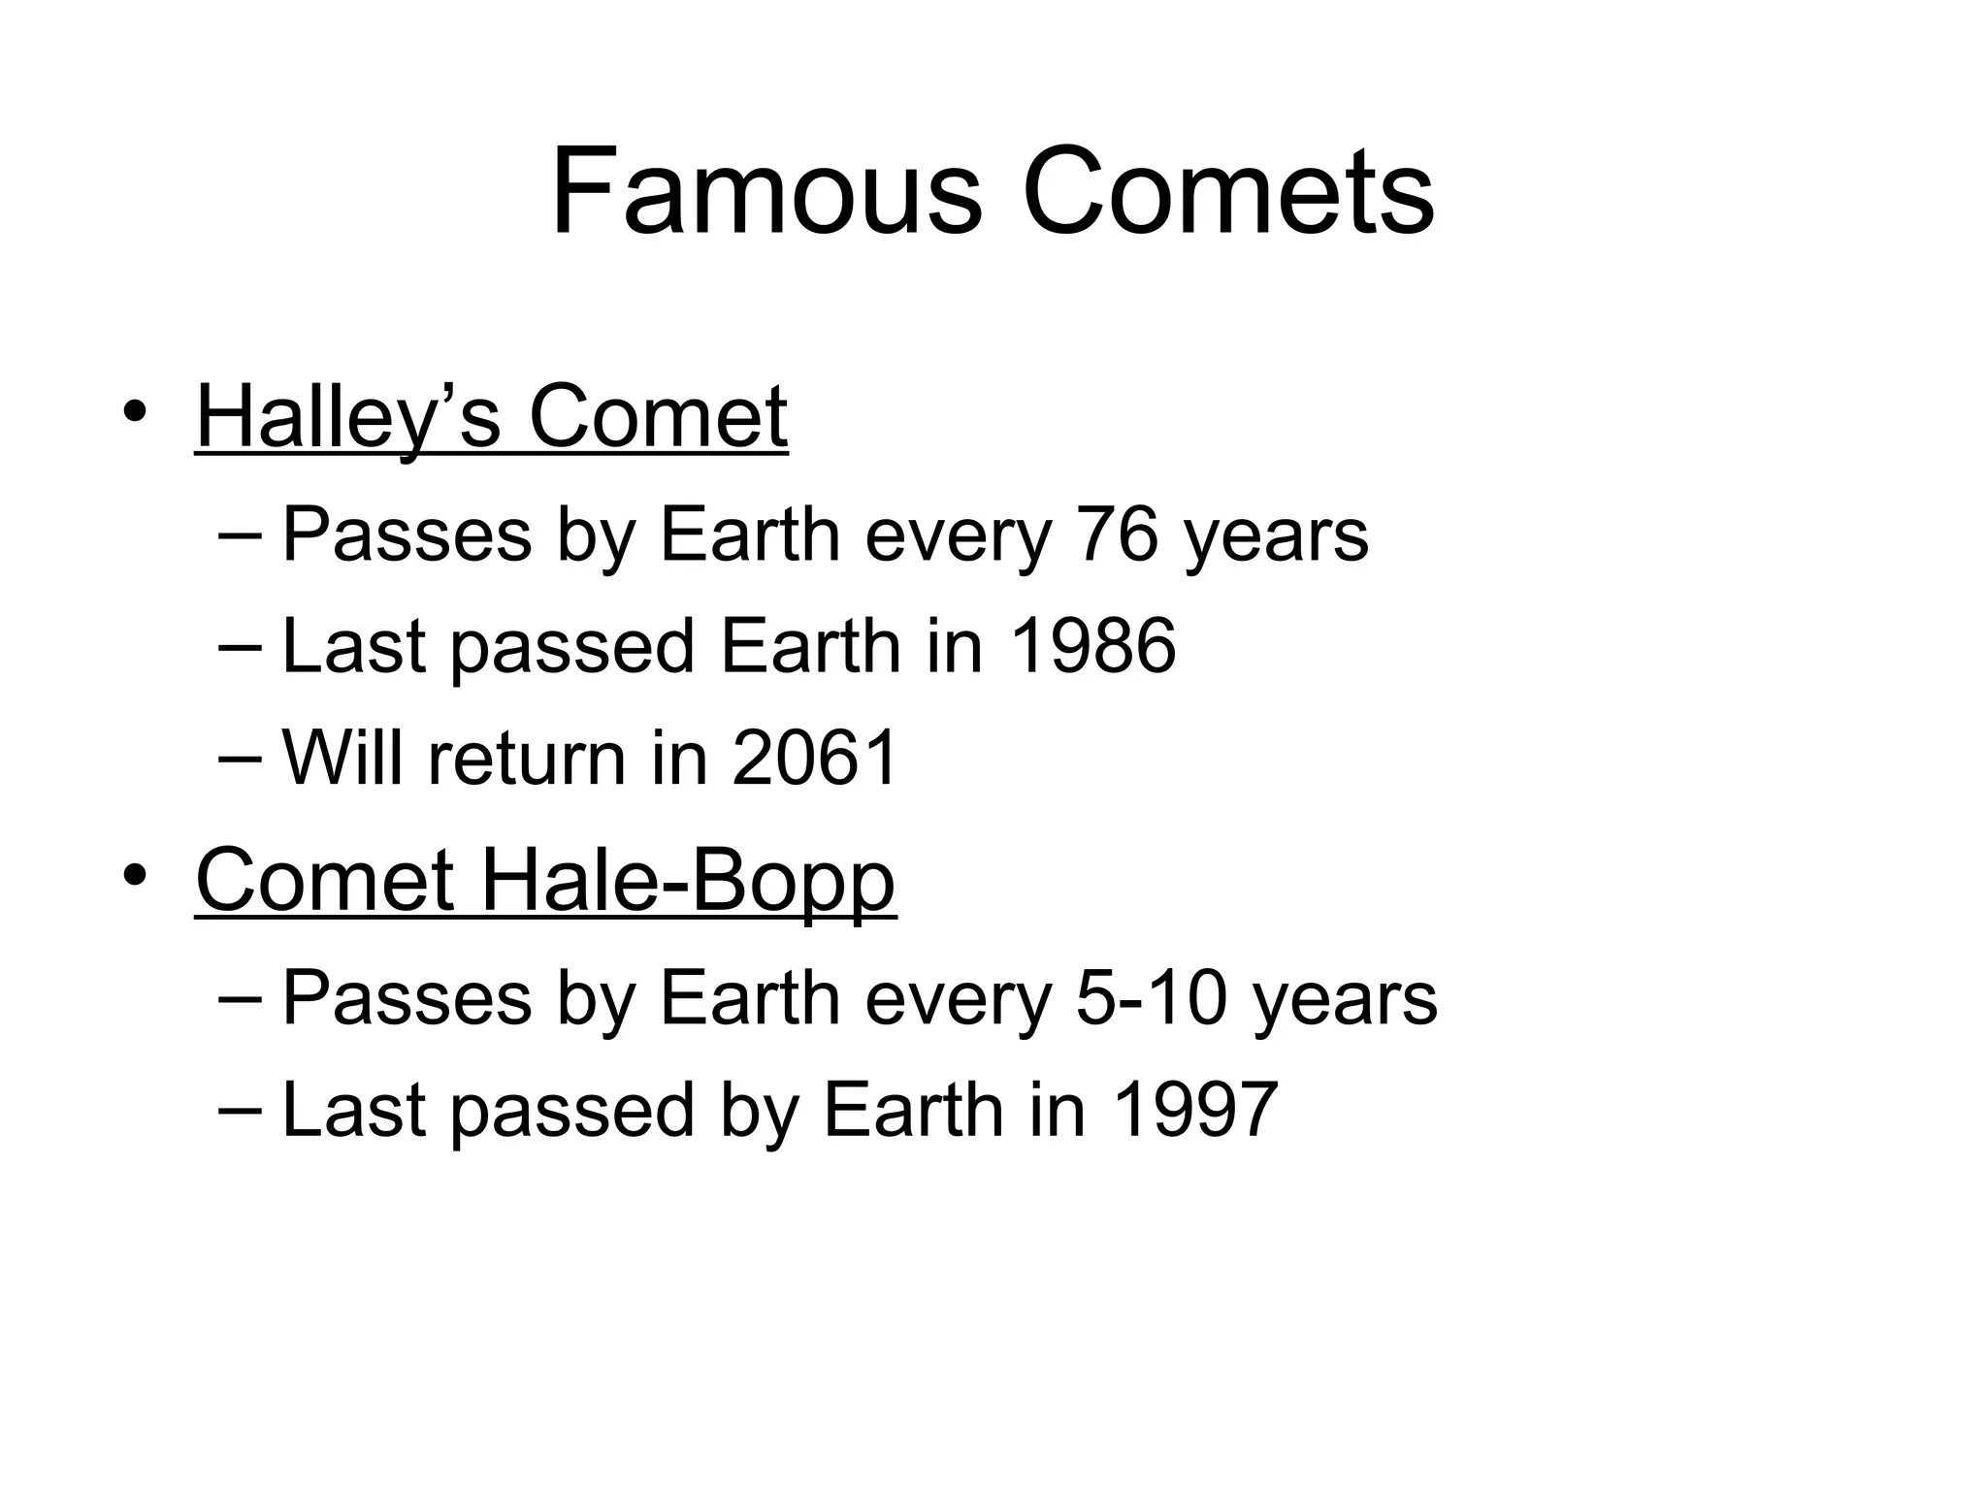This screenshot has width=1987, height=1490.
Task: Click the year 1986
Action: click(x=1093, y=646)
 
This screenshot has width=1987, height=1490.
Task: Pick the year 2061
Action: click(x=815, y=758)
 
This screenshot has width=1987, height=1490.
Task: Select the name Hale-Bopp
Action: click(x=687, y=881)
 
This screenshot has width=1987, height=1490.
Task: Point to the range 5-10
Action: click(x=1149, y=998)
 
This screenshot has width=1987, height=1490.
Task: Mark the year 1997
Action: click(x=1196, y=1110)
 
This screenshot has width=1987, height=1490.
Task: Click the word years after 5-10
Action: click(x=1345, y=1000)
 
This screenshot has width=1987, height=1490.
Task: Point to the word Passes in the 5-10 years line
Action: click(x=407, y=998)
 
